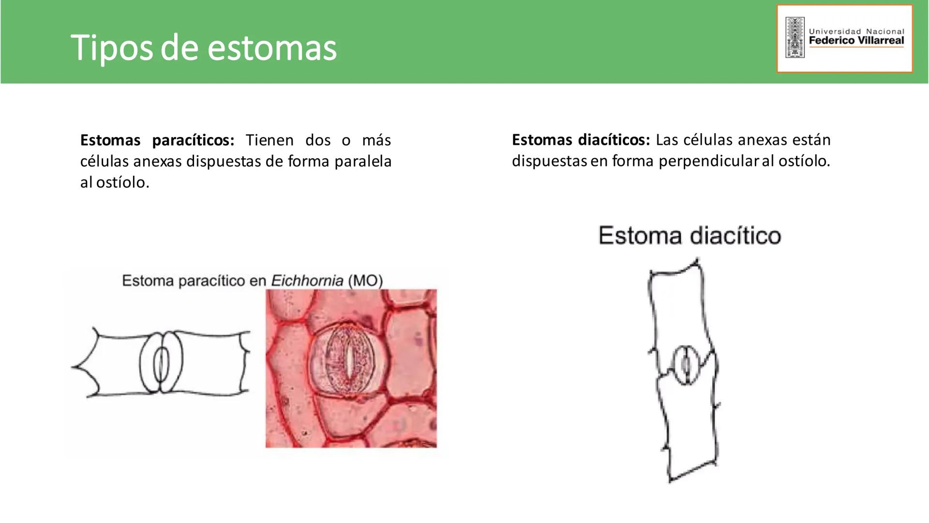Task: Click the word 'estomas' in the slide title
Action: tap(272, 48)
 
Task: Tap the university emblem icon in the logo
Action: tap(794, 38)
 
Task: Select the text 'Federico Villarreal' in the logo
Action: tap(856, 41)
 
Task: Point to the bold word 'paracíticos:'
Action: tap(193, 140)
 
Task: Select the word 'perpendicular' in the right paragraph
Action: tap(709, 161)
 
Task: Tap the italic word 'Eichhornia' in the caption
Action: tap(307, 281)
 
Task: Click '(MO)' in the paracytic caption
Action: tap(365, 281)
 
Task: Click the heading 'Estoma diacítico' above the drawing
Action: tap(689, 236)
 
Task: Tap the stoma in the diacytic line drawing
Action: tap(686, 365)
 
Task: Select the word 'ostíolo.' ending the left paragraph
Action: tap(123, 183)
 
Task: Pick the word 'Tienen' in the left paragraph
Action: tap(270, 140)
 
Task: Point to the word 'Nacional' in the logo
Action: tap(885, 31)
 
